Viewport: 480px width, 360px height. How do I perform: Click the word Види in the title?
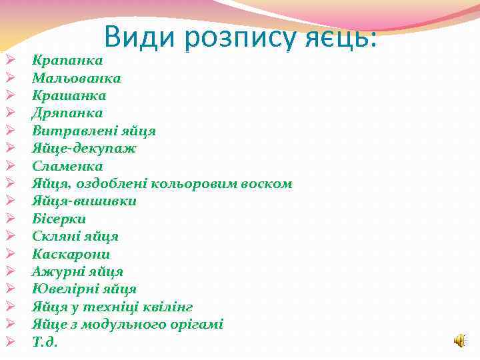[140, 36]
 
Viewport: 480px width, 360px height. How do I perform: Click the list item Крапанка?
[67, 61]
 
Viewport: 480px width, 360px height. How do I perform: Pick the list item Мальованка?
[76, 78]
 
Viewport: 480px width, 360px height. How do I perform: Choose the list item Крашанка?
[69, 95]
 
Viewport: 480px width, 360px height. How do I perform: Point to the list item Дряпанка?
[67, 113]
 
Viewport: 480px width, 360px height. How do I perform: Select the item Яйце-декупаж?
[84, 148]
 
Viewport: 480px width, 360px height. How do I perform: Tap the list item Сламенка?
[67, 166]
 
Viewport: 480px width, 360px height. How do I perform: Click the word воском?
[267, 183]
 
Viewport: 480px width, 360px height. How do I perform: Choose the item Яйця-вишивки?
[84, 201]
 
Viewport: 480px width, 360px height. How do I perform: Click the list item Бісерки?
[59, 219]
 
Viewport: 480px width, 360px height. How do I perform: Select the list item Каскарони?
[71, 254]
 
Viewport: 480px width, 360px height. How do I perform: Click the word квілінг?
[171, 307]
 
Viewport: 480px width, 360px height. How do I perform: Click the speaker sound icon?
[460, 341]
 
